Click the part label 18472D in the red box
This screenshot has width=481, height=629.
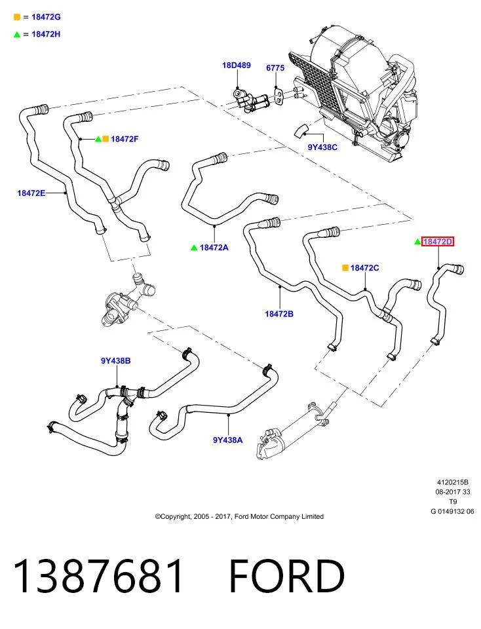(x=438, y=242)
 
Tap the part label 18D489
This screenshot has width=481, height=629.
(x=237, y=65)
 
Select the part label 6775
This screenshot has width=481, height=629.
(x=275, y=67)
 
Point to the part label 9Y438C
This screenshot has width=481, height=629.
(x=322, y=147)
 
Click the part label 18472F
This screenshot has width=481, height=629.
(x=125, y=139)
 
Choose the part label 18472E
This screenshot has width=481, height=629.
(x=31, y=193)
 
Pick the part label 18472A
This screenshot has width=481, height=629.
(x=214, y=248)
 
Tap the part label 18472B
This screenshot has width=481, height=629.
(x=279, y=314)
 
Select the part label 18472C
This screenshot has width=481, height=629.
(x=364, y=267)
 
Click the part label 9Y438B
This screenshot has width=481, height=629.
(x=115, y=360)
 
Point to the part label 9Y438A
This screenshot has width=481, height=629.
(x=228, y=440)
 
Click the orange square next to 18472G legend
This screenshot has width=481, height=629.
(x=17, y=17)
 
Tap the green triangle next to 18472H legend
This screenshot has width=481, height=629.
(x=17, y=35)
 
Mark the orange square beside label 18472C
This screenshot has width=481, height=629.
(x=345, y=267)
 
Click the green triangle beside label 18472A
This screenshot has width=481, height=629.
(x=194, y=248)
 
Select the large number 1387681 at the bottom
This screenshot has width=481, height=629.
(x=98, y=576)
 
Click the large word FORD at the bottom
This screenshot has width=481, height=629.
(x=287, y=576)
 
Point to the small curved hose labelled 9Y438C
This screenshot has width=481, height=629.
(x=301, y=131)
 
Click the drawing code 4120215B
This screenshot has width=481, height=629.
(x=453, y=482)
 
